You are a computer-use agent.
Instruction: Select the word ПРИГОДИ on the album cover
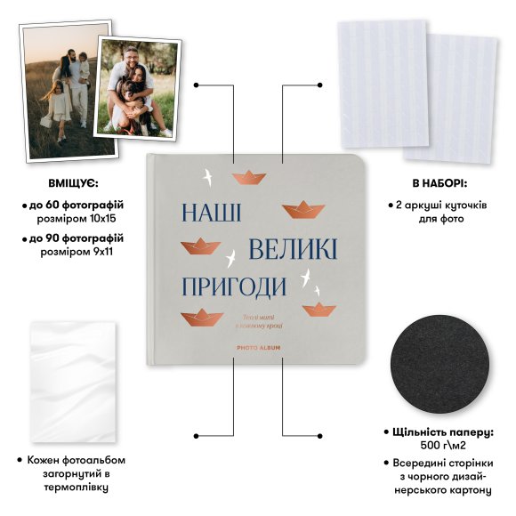[234, 286]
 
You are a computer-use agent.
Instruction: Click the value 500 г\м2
[443, 444]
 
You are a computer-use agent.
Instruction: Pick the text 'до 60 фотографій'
[77, 205]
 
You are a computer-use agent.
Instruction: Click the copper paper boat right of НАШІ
[302, 210]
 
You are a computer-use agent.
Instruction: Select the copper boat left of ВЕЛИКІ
[200, 246]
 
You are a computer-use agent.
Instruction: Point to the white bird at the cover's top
[210, 176]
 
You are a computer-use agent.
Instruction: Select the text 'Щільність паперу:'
[443, 431]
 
